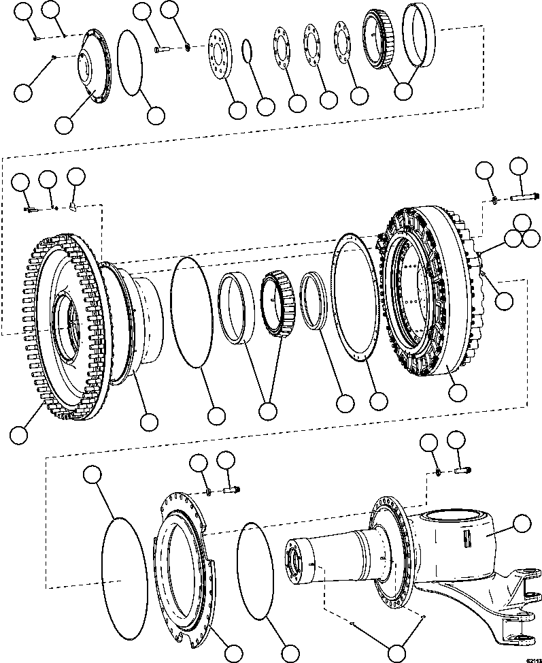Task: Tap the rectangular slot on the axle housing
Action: pos(468,540)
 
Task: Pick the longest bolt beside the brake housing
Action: pos(524,198)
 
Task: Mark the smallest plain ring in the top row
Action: pos(248,51)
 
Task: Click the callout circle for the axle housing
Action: pos(521,523)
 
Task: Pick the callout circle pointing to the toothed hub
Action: pos(20,434)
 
